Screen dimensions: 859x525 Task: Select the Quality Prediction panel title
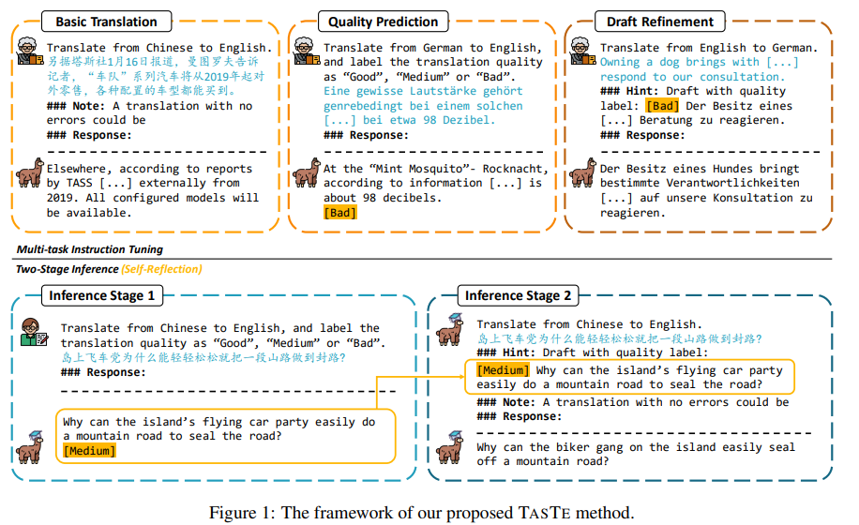383,21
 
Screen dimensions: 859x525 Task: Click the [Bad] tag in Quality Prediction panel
339,213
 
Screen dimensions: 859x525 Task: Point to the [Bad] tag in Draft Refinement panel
661,105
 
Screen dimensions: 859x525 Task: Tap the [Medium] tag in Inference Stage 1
89,451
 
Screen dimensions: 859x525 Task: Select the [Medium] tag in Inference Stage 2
503,370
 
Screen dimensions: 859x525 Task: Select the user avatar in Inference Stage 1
35,335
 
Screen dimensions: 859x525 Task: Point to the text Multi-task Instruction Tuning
89,249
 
